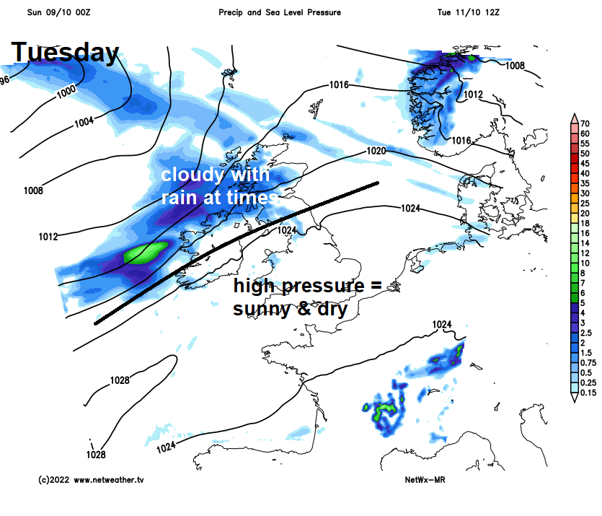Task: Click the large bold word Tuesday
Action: tap(65, 52)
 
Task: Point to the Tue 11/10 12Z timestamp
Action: tap(469, 13)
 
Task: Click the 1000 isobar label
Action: tap(66, 91)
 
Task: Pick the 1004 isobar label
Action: tap(84, 122)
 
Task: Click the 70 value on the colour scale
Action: tap(585, 124)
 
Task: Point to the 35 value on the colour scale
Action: tap(585, 183)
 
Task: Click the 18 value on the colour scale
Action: tap(585, 223)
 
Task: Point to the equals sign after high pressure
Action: tap(374, 286)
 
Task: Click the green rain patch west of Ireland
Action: tap(146, 253)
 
